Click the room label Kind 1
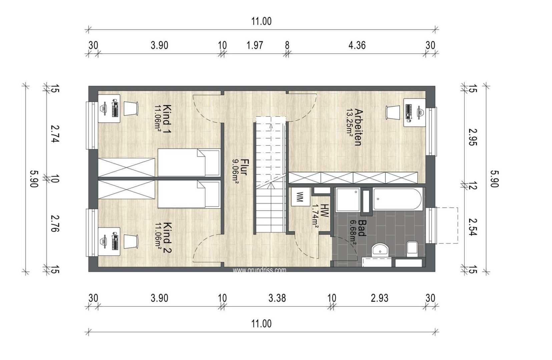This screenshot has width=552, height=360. [x=167, y=119]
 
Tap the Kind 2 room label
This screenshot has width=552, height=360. [x=167, y=238]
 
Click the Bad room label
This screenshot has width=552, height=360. [x=362, y=228]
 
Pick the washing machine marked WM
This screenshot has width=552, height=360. [x=301, y=197]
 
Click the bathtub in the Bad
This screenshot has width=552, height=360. [x=398, y=199]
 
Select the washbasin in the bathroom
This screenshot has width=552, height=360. [x=380, y=251]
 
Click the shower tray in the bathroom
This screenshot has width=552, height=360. [x=348, y=200]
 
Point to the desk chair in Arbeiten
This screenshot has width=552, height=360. [x=393, y=113]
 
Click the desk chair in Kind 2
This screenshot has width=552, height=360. [x=131, y=242]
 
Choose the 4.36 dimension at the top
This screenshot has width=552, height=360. [x=357, y=45]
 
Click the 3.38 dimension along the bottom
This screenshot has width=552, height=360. [x=277, y=298]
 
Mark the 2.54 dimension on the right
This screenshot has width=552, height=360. [x=473, y=227]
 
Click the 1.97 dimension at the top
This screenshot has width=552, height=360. [x=255, y=45]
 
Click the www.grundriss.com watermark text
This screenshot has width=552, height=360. [x=259, y=270]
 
